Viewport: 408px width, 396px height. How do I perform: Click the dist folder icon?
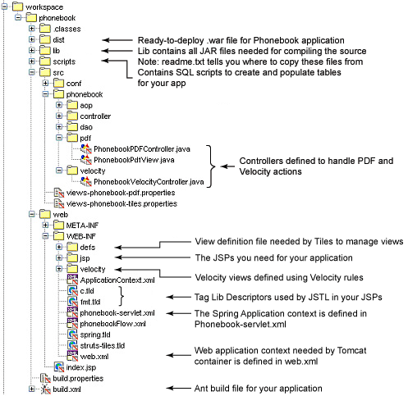click(45, 39)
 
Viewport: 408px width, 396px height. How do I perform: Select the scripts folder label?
click(64, 61)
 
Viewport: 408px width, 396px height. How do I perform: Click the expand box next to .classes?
click(32, 29)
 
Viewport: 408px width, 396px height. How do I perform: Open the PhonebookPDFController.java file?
click(142, 149)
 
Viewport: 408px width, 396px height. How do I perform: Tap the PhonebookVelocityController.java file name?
click(149, 182)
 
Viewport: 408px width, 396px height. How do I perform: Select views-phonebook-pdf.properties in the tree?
click(121, 193)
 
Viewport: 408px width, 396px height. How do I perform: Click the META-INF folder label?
click(82, 225)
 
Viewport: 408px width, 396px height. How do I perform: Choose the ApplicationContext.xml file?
click(117, 280)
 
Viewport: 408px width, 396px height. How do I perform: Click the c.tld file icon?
click(72, 291)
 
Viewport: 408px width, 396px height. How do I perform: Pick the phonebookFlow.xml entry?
click(112, 324)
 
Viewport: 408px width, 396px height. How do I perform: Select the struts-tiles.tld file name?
click(103, 346)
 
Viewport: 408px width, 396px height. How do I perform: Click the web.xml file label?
click(94, 357)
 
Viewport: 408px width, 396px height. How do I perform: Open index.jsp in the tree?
click(81, 367)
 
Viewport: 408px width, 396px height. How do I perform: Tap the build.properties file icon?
click(45, 379)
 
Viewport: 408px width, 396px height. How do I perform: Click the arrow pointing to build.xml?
click(178, 388)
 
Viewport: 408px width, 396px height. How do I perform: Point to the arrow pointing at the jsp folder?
click(152, 257)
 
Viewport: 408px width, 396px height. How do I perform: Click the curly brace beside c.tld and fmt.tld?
click(121, 296)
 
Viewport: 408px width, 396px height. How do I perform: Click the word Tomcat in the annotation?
click(351, 350)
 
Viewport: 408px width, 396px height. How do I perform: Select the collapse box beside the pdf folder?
click(59, 138)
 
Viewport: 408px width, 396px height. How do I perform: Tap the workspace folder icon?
click(17, 7)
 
